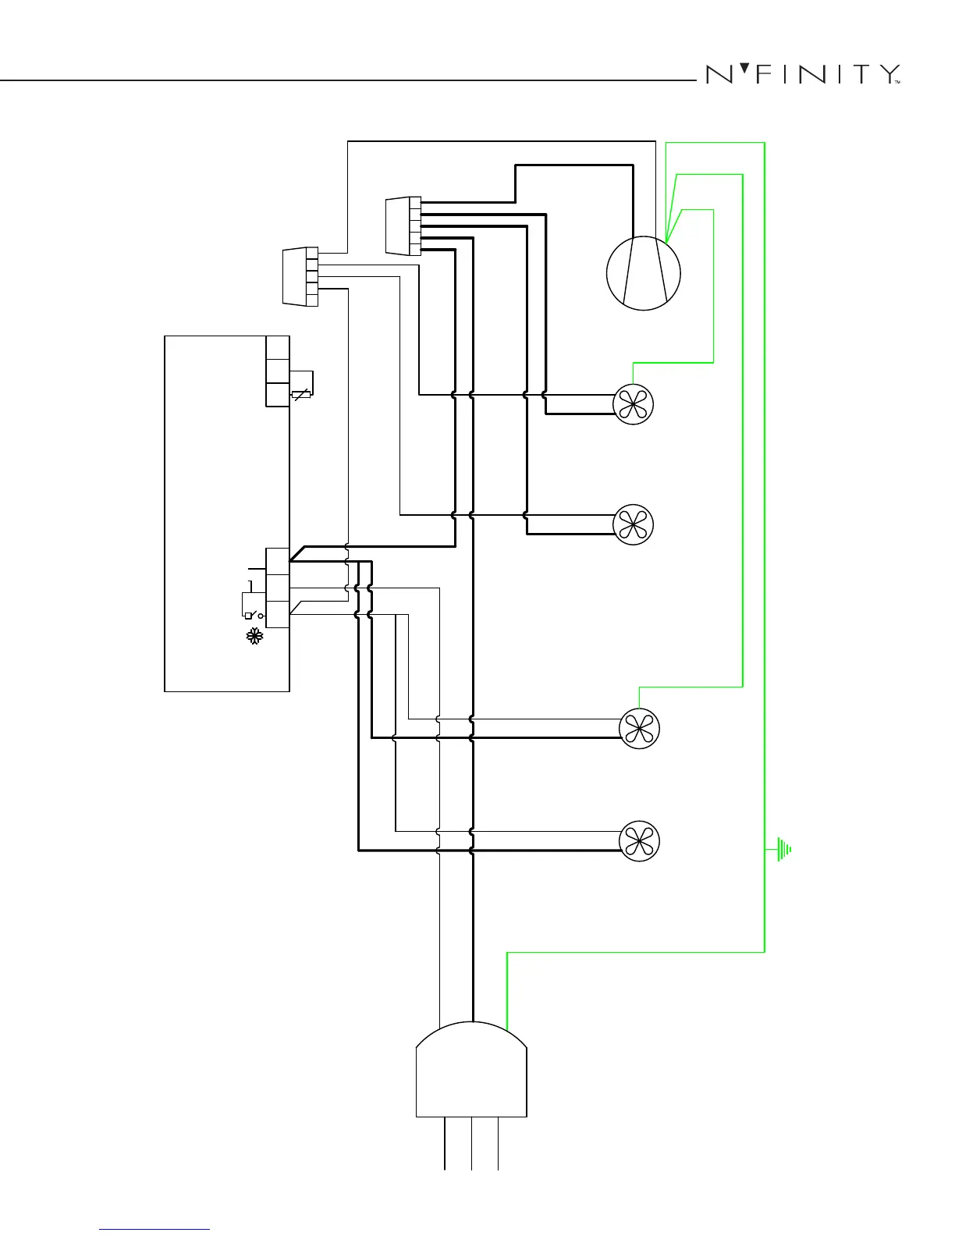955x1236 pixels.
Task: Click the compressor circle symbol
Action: click(644, 274)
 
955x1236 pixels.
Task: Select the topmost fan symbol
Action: click(633, 404)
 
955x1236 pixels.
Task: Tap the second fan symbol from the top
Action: click(633, 524)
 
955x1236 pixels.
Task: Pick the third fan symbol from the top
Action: click(639, 729)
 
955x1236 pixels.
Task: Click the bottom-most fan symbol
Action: click(639, 841)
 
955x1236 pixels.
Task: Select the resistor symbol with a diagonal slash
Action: click(300, 394)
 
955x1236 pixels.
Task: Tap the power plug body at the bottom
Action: click(471, 1073)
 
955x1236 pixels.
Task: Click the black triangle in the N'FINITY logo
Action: click(744, 69)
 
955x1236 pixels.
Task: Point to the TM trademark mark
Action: click(898, 82)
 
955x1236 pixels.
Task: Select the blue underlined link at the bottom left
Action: click(154, 1229)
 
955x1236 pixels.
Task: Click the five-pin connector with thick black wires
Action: click(404, 226)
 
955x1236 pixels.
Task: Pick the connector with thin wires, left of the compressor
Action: click(301, 276)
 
